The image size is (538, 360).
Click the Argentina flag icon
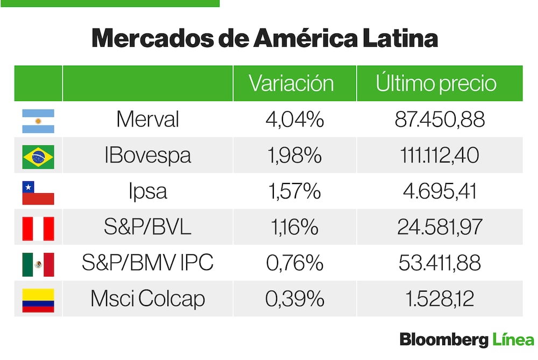pyautogui.click(x=38, y=121)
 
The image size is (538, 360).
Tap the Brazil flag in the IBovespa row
pyautogui.click(x=38, y=157)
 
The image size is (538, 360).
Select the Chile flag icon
pyautogui.click(x=38, y=193)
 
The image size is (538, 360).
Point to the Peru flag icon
pyautogui.click(x=38, y=229)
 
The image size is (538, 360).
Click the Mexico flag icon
pyautogui.click(x=38, y=264)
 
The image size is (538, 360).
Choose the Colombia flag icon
pyautogui.click(x=38, y=300)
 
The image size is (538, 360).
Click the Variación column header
pyautogui.click(x=291, y=83)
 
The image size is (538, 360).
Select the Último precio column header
pyautogui.click(x=436, y=83)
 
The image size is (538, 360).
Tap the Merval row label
pyautogui.click(x=147, y=119)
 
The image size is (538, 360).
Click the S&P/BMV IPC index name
pyautogui.click(x=147, y=263)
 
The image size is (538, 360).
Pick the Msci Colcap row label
pyautogui.click(x=147, y=299)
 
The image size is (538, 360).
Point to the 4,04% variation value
pyautogui.click(x=294, y=119)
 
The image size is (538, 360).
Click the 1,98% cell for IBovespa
pyautogui.click(x=294, y=156)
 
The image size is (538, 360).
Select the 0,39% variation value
pyautogui.click(x=294, y=299)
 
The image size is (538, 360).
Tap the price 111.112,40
pyautogui.click(x=439, y=156)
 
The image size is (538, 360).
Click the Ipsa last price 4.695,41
pyautogui.click(x=439, y=192)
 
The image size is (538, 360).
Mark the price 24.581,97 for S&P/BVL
pyautogui.click(x=439, y=228)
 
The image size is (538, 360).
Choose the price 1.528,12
pyautogui.click(x=439, y=299)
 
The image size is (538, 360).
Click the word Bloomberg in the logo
pyautogui.click(x=444, y=341)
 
